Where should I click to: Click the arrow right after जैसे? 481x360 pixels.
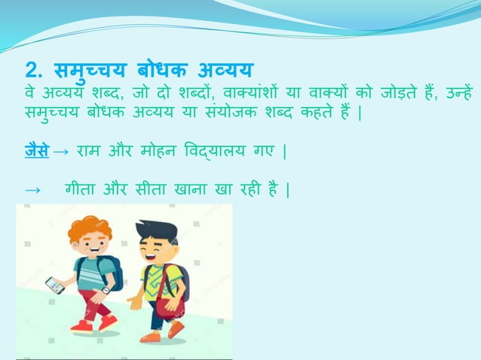tap(63, 154)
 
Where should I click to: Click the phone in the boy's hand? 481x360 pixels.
tap(54, 285)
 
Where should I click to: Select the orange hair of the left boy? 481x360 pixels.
tap(89, 228)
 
